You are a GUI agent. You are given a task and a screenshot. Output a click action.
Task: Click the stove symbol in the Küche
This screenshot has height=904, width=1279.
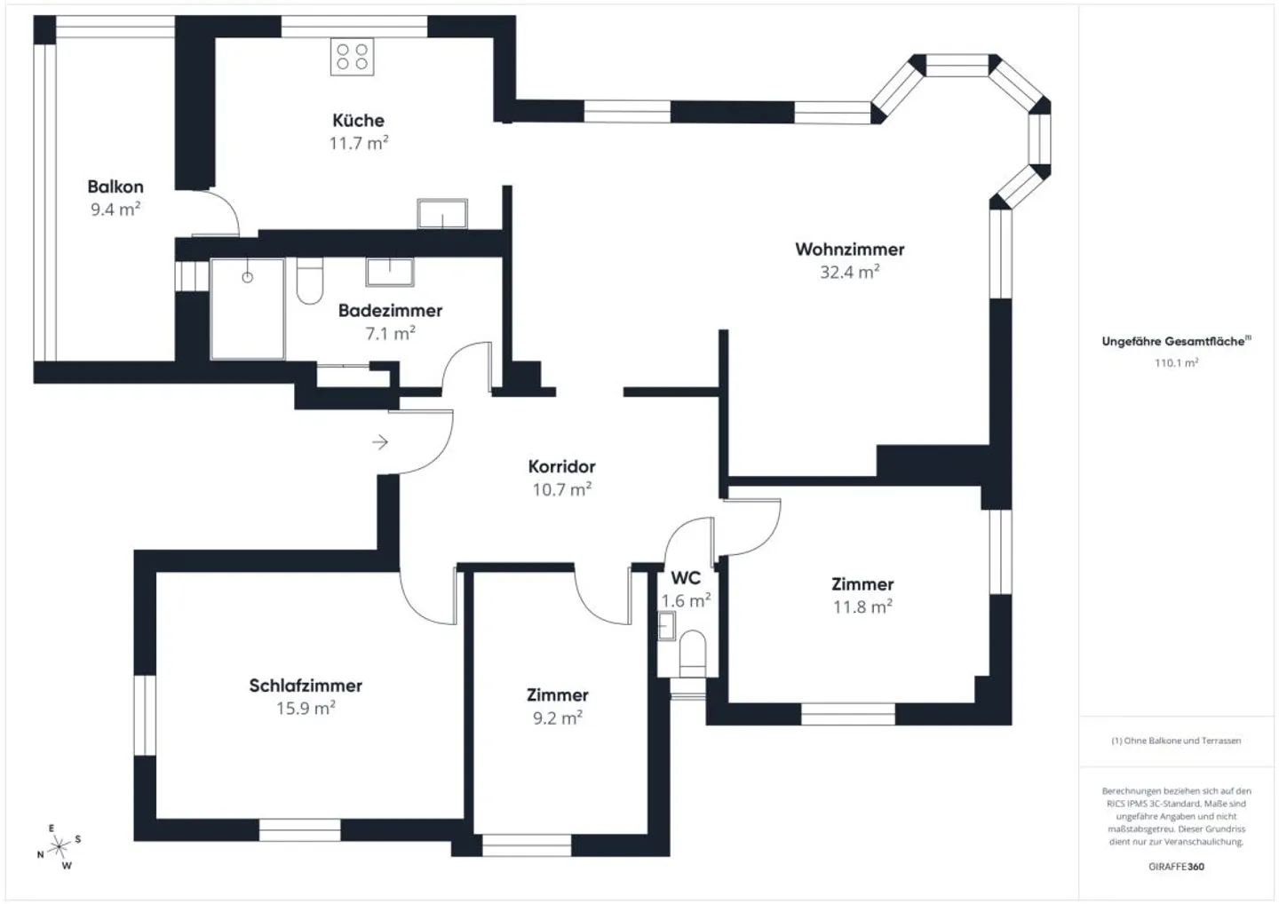click(352, 56)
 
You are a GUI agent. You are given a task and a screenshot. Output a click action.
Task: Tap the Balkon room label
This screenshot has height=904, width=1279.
click(115, 186)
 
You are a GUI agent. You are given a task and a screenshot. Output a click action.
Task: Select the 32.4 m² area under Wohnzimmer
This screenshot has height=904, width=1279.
click(849, 272)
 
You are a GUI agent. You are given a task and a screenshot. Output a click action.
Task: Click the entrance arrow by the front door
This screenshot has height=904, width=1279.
click(380, 442)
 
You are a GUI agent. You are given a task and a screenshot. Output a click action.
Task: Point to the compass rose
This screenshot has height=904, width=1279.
click(59, 847)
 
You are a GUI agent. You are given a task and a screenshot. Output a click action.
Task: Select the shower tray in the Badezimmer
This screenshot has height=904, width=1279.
click(248, 308)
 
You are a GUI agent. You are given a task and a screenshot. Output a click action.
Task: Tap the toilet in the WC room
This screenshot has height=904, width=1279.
click(692, 653)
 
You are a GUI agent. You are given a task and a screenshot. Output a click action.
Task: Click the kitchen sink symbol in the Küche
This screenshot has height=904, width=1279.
click(442, 213)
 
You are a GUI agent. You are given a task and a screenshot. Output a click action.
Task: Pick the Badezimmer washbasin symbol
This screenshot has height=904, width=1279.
click(390, 272)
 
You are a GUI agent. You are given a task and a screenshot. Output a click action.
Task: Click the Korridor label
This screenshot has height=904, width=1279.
click(561, 466)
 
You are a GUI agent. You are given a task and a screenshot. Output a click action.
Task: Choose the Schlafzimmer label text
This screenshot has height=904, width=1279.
click(306, 686)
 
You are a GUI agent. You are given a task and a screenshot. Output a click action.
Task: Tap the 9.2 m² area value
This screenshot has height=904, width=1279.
click(557, 718)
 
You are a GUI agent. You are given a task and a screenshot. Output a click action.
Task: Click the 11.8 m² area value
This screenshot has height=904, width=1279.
click(862, 607)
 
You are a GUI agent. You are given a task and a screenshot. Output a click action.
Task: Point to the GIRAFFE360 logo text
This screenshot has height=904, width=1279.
click(1176, 867)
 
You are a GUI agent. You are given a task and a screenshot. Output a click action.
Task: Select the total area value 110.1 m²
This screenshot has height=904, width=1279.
click(1176, 362)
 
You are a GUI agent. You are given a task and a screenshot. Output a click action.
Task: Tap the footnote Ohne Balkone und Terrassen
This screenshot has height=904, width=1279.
click(1176, 740)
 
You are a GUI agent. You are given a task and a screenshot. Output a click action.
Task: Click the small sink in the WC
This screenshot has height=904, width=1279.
click(666, 627)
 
